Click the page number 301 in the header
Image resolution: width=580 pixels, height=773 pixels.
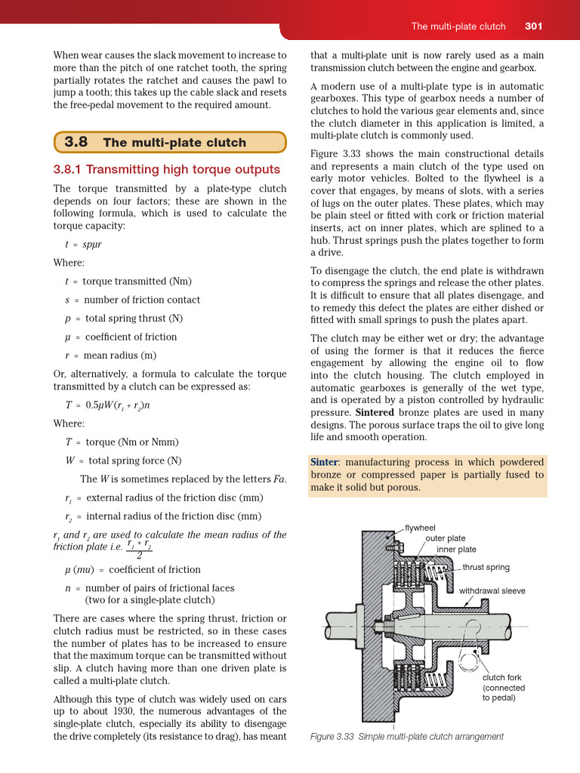tap(534, 26)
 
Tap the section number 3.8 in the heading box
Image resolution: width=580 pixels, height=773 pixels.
tap(76, 142)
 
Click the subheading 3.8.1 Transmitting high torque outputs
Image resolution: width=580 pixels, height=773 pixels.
tap(166, 169)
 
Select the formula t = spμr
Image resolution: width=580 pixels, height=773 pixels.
tap(83, 244)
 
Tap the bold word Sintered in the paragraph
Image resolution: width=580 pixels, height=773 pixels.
tap(375, 413)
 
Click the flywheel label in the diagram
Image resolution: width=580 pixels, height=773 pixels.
tap(420, 528)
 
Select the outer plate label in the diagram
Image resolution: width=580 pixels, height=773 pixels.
tap(445, 538)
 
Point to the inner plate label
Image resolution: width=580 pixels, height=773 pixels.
tap(456, 550)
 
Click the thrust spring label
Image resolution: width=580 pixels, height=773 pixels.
tap(486, 567)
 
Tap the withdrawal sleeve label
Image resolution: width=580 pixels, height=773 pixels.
tap(492, 590)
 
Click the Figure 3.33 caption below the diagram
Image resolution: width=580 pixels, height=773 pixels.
tap(406, 736)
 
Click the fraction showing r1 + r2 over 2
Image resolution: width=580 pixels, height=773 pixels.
tap(139, 550)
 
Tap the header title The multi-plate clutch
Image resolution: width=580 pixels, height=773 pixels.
tap(458, 26)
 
